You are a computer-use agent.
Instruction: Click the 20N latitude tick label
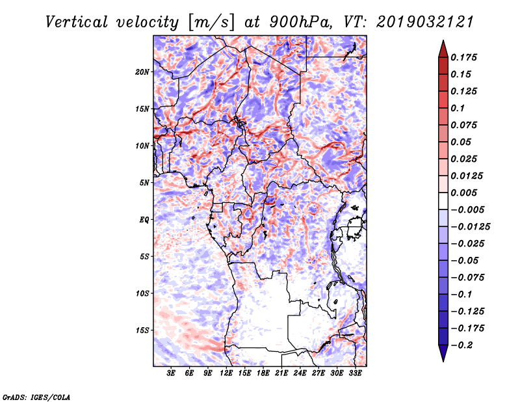[x=142, y=72]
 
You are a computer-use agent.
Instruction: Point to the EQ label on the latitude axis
[x=144, y=220]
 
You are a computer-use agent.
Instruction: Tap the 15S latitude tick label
[x=142, y=330]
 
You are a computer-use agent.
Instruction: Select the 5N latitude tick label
[x=144, y=183]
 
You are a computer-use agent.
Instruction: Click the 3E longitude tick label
[x=172, y=374]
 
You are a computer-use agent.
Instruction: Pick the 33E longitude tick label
[x=355, y=374]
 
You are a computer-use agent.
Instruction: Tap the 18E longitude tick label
[x=263, y=374]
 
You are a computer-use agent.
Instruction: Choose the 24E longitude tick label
[x=300, y=374]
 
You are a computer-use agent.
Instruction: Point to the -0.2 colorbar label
[x=464, y=345]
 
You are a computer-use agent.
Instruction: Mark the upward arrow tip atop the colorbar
[x=443, y=42]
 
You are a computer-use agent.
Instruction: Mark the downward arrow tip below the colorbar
[x=443, y=359]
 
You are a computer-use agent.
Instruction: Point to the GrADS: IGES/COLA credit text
[x=36, y=396]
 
